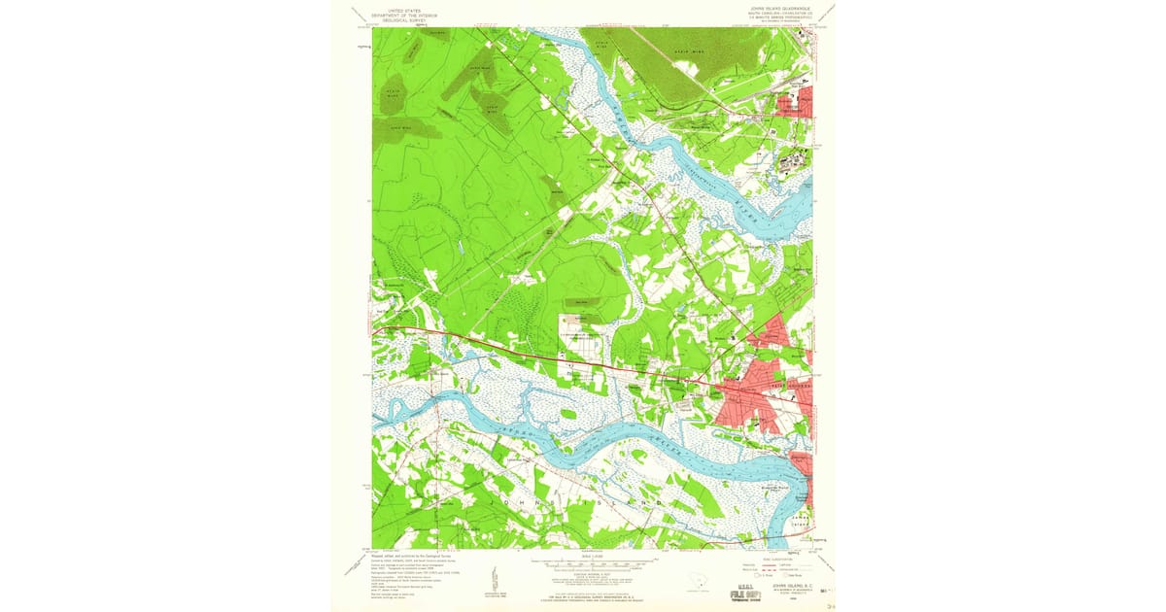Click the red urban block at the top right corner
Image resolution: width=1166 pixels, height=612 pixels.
(796, 101)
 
